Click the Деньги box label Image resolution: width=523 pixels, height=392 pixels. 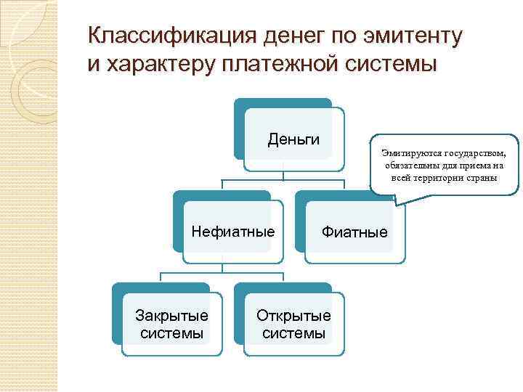point(294,139)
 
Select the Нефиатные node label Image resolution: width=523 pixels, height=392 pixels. point(233,232)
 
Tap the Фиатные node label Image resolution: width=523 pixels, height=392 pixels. point(355,232)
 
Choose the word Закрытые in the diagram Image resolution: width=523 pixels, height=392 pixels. point(172,316)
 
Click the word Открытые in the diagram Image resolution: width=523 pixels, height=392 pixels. point(293,316)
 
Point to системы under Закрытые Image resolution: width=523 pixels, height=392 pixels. point(172,334)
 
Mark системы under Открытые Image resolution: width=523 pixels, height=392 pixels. point(293,334)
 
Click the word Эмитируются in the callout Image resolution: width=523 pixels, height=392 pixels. point(404,154)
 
